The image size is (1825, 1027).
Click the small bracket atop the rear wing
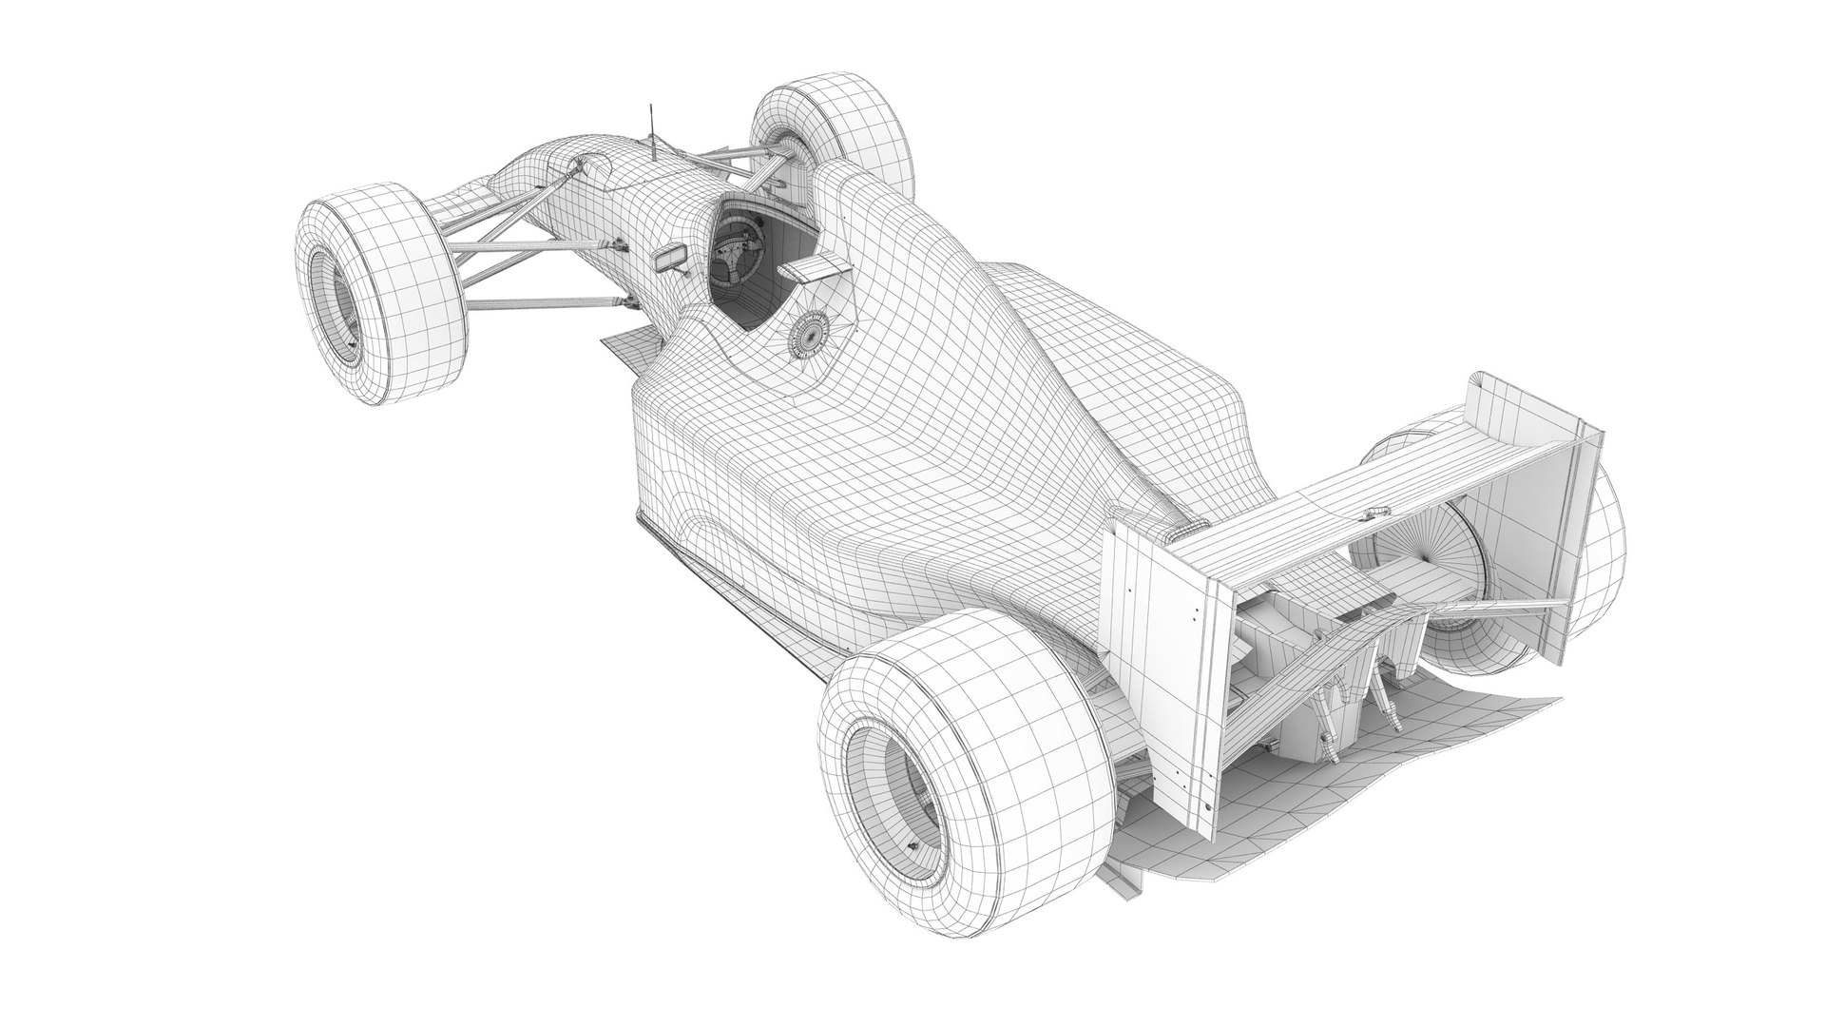pyautogui.click(x=1373, y=514)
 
